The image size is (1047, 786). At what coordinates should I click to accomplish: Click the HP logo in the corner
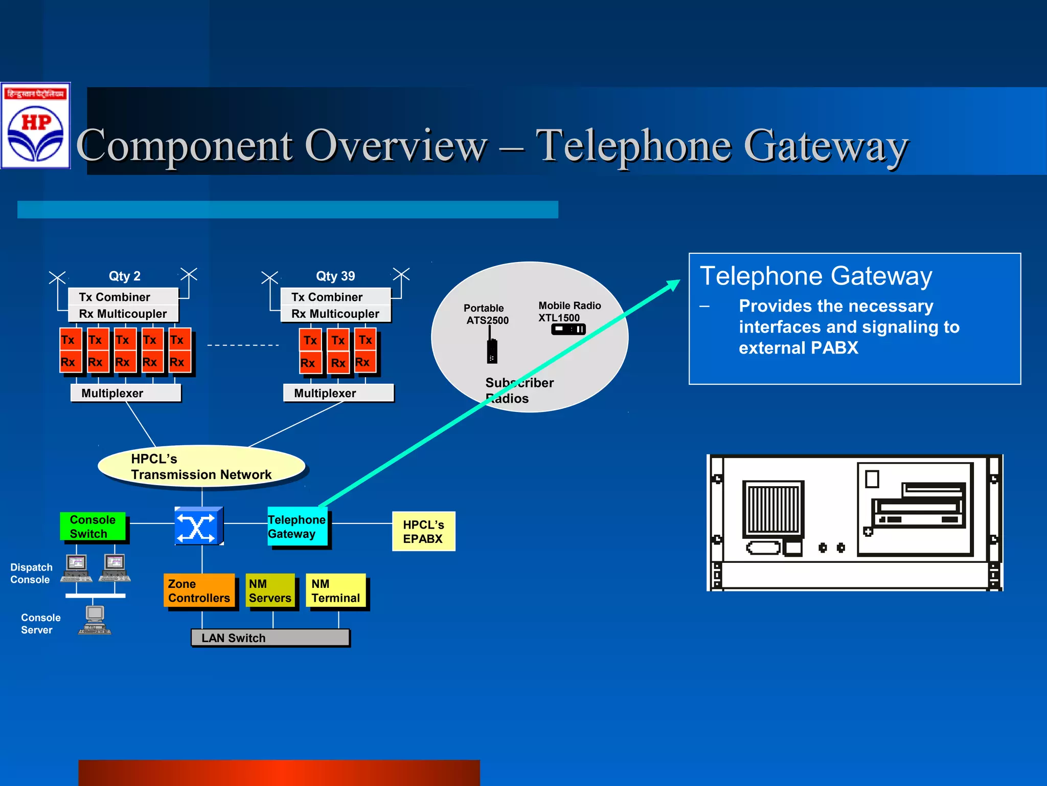pos(35,126)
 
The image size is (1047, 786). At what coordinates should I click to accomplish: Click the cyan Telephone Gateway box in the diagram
pos(298,527)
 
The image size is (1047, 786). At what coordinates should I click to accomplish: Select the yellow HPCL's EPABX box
pos(423,532)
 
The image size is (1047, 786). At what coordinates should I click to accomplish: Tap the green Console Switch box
pos(93,527)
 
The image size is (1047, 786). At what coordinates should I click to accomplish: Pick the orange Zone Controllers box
pos(199,591)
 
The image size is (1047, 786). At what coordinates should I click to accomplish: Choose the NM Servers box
pos(270,591)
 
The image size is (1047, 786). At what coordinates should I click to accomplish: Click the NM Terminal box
pos(336,591)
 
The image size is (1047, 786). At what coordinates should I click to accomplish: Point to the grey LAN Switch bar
pos(270,638)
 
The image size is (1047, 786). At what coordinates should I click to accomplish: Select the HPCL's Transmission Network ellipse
pos(201,466)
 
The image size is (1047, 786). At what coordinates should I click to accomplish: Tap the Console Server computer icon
pos(95,620)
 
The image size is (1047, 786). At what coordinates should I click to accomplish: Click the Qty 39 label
pos(335,276)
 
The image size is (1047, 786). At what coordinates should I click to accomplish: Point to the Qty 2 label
pos(124,276)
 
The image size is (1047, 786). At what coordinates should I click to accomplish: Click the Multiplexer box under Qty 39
pos(338,393)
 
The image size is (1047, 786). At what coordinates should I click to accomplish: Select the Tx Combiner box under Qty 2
pos(123,297)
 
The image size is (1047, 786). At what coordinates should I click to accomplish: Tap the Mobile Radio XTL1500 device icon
pos(568,330)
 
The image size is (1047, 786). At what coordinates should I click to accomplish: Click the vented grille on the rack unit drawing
pos(773,509)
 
